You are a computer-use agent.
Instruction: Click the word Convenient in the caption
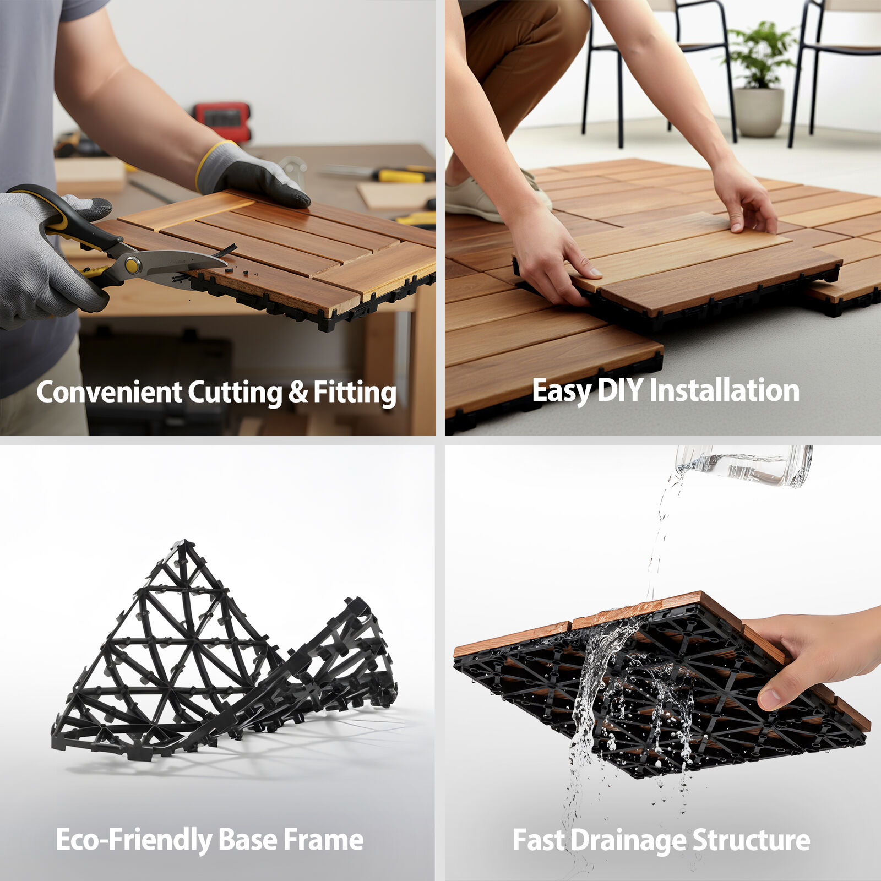click(109, 392)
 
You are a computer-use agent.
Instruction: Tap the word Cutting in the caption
click(235, 393)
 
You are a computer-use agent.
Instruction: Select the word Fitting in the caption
click(355, 393)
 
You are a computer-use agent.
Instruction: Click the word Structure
click(751, 840)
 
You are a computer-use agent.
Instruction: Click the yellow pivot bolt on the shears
click(132, 265)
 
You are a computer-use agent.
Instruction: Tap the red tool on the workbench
click(222, 120)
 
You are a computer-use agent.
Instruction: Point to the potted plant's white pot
click(759, 112)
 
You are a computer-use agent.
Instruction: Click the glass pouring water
click(744, 465)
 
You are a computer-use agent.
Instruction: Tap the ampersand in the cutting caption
click(298, 391)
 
